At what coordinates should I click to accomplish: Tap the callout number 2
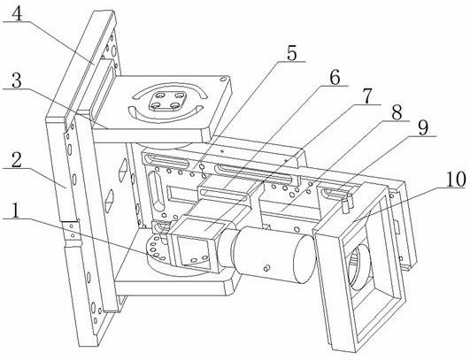coord(17,161)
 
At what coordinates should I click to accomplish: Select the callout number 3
coord(17,80)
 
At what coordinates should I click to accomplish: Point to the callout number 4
coord(18,13)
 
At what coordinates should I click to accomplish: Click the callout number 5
coord(291,54)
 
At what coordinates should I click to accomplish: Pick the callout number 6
coord(335,78)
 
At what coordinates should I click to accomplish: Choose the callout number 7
coord(367,96)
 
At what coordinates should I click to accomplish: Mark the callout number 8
coord(397,112)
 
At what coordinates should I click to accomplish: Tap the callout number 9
coord(423,128)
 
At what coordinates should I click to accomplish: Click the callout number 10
coord(455,179)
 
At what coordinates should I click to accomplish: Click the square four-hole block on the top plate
coord(167,101)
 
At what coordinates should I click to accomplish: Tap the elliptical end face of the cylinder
coord(304,258)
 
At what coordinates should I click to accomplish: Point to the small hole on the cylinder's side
coord(266,268)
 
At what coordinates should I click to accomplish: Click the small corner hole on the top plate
coord(223,80)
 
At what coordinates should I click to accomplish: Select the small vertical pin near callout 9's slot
coord(345,203)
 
